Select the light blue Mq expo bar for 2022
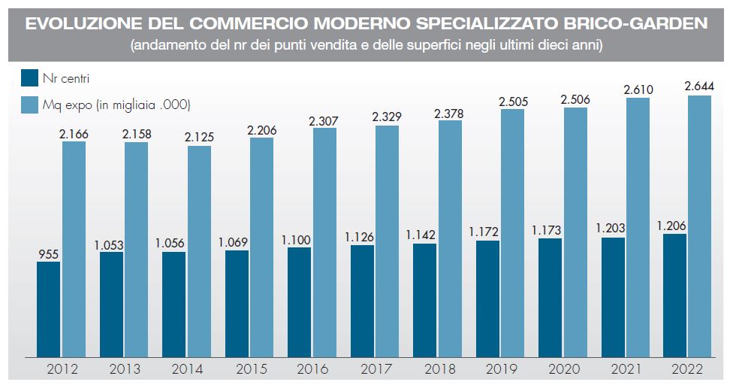[699, 226]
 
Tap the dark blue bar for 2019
[487, 299]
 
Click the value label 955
[48, 254]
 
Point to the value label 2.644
[699, 85]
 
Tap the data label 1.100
[298, 238]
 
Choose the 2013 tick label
[124, 369]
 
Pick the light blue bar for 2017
[387, 241]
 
